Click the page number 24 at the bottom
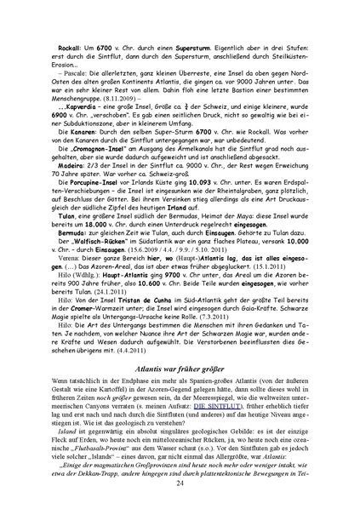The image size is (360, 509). coord(180,483)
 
